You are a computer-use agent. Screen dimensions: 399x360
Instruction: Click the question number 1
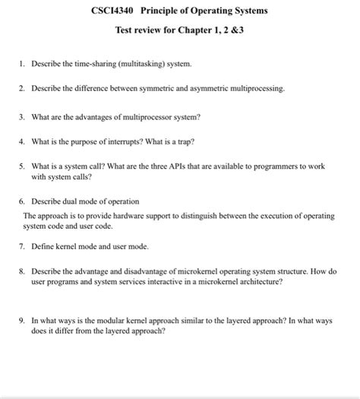pyautogui.click(x=23, y=64)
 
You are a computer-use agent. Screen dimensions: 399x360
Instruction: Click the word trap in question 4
pyautogui.click(x=200, y=141)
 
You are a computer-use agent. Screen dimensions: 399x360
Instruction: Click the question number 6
pyautogui.click(x=23, y=201)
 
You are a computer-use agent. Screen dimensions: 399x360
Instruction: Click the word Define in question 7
pyautogui.click(x=43, y=246)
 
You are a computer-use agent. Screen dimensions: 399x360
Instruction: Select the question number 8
pyautogui.click(x=23, y=271)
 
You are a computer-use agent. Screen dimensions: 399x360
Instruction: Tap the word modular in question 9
pyautogui.click(x=101, y=321)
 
